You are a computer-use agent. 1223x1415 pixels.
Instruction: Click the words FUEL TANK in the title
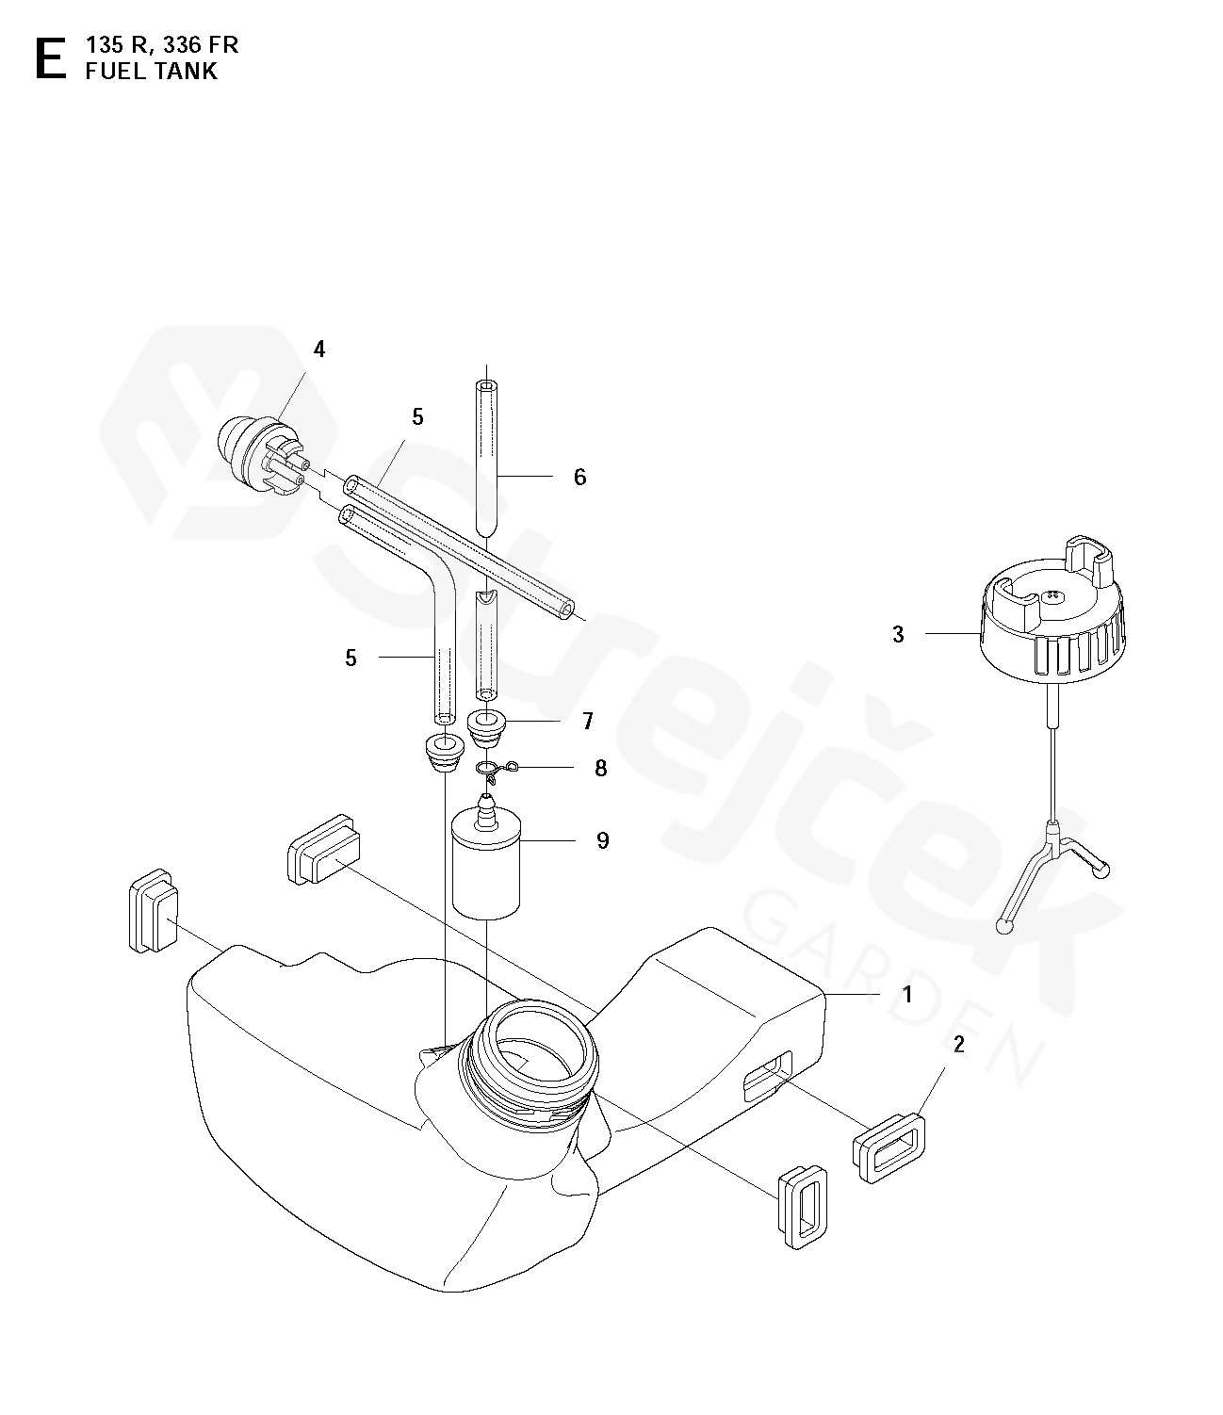pos(152,72)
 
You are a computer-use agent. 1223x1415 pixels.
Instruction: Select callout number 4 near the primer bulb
pos(319,350)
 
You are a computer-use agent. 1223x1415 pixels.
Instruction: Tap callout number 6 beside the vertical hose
pos(580,477)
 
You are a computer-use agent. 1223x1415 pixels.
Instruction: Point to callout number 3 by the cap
pos(899,635)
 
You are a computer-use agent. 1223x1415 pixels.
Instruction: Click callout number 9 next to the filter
pos(603,840)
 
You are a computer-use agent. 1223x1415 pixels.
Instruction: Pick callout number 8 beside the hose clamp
pos(600,768)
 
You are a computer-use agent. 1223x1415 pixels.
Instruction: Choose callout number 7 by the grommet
pos(588,721)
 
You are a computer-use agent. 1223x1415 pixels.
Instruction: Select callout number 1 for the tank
pos(907,994)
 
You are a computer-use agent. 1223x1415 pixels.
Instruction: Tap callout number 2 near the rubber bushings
pos(958,1044)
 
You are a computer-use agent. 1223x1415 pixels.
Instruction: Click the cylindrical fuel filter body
pos(486,868)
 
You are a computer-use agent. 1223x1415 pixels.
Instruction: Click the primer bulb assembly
pos(262,453)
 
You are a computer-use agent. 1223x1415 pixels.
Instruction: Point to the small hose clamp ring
pos(497,770)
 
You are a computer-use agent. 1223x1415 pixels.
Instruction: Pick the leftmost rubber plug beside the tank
pos(154,910)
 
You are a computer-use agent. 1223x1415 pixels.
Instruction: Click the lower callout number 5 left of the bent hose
pos(351,659)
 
